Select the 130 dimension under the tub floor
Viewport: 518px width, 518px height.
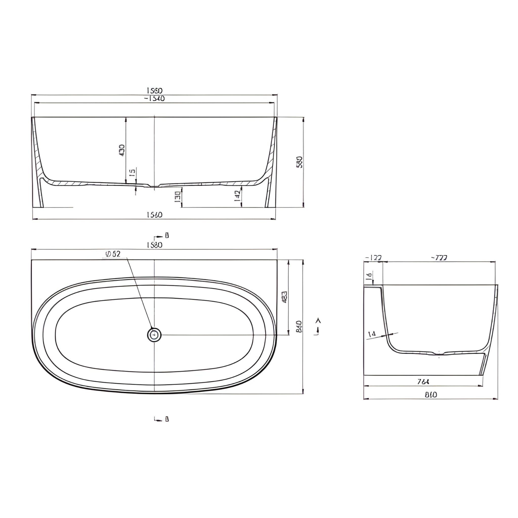[x=177, y=197]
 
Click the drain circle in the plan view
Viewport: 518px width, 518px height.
[x=155, y=335]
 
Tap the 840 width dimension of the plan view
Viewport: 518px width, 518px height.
[x=299, y=326]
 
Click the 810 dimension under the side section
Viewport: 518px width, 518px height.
[x=431, y=395]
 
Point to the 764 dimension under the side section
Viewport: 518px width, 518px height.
[x=423, y=382]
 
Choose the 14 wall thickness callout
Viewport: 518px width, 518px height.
[x=372, y=334]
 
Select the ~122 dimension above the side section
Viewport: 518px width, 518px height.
[x=373, y=258]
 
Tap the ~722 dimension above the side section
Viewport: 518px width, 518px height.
[x=439, y=258]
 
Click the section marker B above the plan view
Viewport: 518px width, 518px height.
[x=167, y=235]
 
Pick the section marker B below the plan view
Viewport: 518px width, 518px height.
[x=167, y=419]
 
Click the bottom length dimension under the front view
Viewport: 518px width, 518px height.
[x=155, y=215]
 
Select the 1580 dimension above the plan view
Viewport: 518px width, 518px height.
[x=155, y=245]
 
